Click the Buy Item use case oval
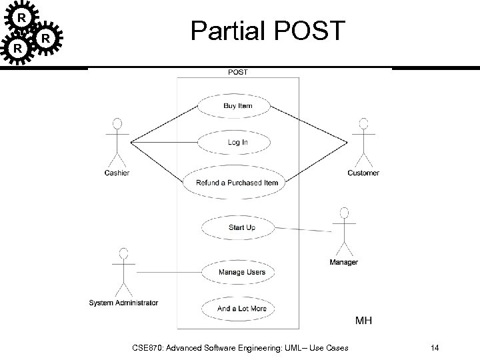pos(237,106)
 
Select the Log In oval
pos(237,142)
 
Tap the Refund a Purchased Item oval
pos(237,183)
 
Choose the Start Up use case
pos(241,228)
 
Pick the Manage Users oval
pos(241,272)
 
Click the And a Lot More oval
pos(241,309)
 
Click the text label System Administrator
pos(123,303)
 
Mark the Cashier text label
pos(117,173)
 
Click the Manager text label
pos(343,262)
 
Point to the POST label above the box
pos(237,72)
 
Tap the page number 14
pos(435,347)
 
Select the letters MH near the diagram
pos(363,321)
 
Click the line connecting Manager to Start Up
pos(303,229)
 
